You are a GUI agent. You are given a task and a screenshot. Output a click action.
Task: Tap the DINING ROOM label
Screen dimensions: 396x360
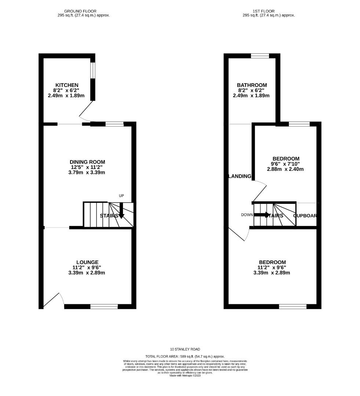coord(87,162)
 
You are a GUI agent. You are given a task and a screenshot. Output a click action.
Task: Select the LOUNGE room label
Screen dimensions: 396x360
coord(87,262)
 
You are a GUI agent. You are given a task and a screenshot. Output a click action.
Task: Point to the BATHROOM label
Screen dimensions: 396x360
coord(252,85)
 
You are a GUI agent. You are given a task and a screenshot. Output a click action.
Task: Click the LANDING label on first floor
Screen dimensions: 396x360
coord(240,176)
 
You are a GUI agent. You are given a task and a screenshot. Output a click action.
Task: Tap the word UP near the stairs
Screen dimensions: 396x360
coord(121,196)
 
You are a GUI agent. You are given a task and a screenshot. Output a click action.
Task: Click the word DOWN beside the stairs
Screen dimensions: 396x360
coord(247,215)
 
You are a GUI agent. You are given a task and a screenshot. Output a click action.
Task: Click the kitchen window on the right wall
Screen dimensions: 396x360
coord(93,70)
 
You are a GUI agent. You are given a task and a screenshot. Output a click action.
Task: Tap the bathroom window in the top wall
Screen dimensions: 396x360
coord(260,56)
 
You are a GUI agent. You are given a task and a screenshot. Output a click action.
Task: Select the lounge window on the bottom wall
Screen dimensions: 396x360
coord(104,306)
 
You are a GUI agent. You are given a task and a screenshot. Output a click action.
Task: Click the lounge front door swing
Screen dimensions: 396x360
coord(52,299)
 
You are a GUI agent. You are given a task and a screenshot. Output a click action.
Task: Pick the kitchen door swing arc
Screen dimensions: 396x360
coord(86,112)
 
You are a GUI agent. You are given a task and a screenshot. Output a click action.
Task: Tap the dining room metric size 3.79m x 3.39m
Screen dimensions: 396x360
coord(87,172)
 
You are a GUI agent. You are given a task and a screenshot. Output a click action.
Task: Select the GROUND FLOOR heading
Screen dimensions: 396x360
coord(80,11)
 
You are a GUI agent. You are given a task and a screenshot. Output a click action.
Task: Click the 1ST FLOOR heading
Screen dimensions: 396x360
coord(263,11)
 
